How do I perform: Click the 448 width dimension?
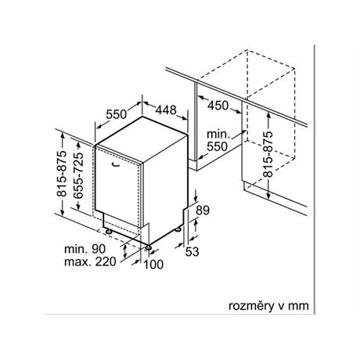(x=166, y=110)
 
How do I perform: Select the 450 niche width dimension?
(x=218, y=106)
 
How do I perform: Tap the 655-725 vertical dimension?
(x=78, y=175)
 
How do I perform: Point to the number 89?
(x=203, y=210)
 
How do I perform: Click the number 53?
(x=192, y=251)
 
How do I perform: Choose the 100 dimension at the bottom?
(x=153, y=265)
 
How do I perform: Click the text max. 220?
(x=90, y=261)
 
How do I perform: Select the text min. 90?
(x=85, y=249)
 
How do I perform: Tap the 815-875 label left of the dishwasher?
(x=62, y=174)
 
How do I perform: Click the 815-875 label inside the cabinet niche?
(x=268, y=154)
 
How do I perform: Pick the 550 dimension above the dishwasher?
(x=117, y=114)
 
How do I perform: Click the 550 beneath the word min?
(x=218, y=146)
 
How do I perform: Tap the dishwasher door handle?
(x=115, y=164)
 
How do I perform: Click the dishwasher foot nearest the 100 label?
(x=148, y=247)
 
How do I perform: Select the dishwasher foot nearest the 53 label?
(x=178, y=229)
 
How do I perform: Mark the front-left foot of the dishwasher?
(x=108, y=232)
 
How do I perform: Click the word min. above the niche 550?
(x=218, y=135)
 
